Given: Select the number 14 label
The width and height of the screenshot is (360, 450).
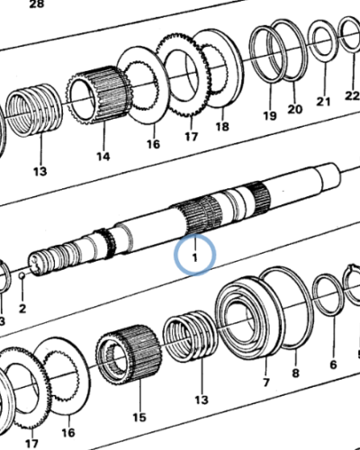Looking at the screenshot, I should [x=103, y=157].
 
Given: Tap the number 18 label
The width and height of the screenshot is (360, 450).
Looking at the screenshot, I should [x=221, y=129].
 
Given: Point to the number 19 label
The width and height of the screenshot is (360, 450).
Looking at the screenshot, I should [x=269, y=116].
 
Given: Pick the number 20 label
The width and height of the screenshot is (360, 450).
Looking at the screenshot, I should [x=294, y=110].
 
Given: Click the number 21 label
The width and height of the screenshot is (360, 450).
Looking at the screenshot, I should [x=324, y=102].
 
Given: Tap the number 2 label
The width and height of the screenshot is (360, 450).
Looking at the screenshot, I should [x=22, y=309].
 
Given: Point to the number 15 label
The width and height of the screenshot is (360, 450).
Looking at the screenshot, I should [x=138, y=417].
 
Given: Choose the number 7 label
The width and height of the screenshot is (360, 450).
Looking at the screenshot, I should [x=265, y=382].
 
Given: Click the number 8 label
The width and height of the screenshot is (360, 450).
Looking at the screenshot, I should [x=294, y=373].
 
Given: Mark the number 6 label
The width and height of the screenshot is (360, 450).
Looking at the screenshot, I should [x=331, y=364].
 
